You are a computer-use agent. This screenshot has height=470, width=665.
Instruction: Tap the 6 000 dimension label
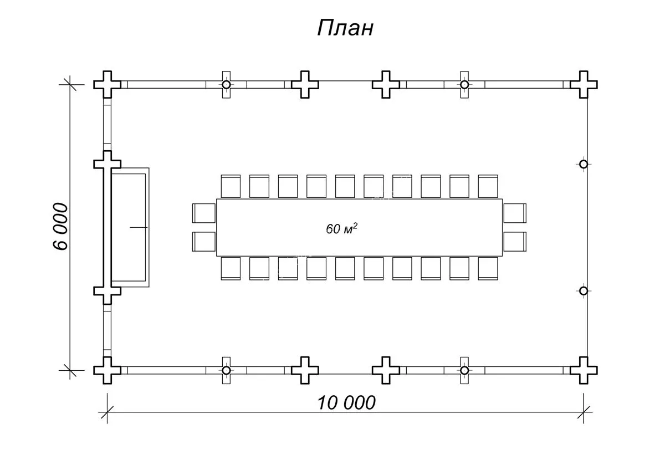pos(61,226)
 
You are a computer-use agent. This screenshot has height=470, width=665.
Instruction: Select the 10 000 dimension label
pos(346,403)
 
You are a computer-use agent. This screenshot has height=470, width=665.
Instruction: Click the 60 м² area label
pos(341,228)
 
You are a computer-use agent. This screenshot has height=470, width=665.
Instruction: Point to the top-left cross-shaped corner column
pos(108,84)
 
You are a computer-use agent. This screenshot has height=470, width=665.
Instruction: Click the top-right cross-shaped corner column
pos(584,84)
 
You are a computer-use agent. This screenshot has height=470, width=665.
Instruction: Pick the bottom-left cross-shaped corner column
pos(108,370)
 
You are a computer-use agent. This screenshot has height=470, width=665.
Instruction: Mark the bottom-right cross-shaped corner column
pos(584,370)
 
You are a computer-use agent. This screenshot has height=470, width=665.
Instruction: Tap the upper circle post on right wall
pos(584,164)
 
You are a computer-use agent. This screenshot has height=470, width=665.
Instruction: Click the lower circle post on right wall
pos(584,291)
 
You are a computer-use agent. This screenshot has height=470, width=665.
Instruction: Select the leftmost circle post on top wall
pos(226,85)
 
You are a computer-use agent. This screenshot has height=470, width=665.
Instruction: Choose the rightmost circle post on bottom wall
pos(464,370)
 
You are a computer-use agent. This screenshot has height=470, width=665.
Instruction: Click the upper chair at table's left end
pos(203,213)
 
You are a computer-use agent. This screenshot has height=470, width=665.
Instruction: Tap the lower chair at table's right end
pos(515,242)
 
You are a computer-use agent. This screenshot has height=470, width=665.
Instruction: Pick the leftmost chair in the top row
pos(231,186)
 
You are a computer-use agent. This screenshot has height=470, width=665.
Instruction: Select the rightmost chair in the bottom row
pos(488,268)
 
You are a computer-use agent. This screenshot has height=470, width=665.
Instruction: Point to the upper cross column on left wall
pos(108,164)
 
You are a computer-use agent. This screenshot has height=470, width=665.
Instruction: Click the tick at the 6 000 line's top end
pos(70,84)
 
